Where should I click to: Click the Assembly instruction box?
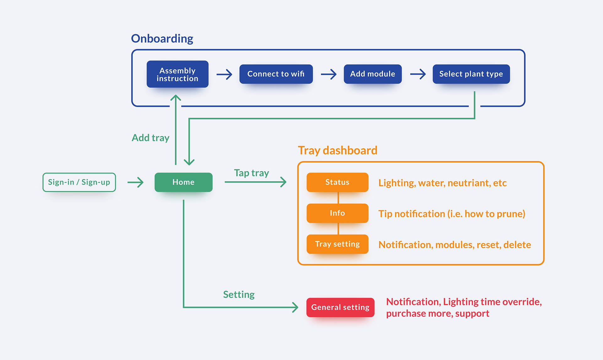point(177,74)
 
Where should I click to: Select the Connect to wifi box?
point(276,74)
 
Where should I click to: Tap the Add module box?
point(373,74)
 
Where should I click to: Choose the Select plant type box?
point(471,74)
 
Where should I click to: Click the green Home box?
point(183,182)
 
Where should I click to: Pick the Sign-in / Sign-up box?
point(79,182)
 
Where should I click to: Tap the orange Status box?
point(337,182)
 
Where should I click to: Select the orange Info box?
point(337,213)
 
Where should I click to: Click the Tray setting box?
point(337,244)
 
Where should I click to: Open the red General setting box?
point(340,307)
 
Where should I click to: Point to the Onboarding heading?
point(162,39)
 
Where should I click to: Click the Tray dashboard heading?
point(338,150)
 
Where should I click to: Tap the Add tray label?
point(150,138)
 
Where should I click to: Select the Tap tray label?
point(252,173)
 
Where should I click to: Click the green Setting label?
point(239,295)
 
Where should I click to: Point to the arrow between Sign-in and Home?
point(135,182)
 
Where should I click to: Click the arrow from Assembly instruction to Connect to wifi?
point(224,74)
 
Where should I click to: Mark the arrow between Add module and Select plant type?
point(418,74)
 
